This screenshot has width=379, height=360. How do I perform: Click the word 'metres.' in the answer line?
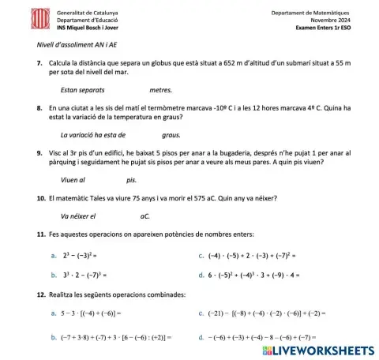click(160, 91)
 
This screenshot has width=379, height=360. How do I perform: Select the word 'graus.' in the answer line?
click(160, 133)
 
